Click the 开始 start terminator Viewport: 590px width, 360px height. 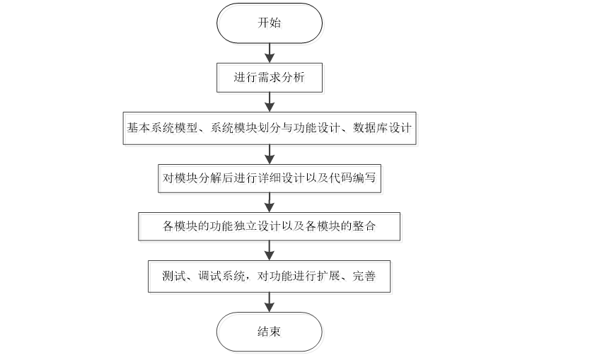point(269,23)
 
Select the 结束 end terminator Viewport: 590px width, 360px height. point(269,331)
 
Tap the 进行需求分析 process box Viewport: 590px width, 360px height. point(269,77)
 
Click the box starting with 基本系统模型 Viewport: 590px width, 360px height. point(269,128)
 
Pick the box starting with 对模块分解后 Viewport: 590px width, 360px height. point(269,178)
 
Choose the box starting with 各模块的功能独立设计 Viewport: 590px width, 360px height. point(269,226)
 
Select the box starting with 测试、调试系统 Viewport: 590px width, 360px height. point(269,277)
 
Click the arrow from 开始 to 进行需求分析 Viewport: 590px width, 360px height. point(269,52)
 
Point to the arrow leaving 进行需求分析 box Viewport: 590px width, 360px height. point(269,103)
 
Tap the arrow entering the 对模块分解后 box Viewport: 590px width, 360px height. point(269,153)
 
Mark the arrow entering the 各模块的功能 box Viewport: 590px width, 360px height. point(269,202)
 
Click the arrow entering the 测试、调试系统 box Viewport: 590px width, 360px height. point(269,251)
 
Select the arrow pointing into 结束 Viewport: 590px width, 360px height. point(269,302)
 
